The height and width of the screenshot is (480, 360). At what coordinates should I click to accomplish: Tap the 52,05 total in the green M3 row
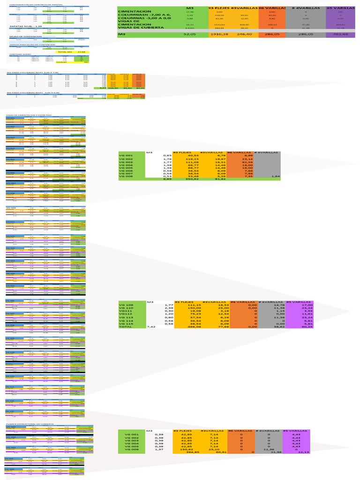(x=189, y=34)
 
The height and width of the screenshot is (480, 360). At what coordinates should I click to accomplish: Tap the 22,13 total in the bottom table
(x=305, y=452)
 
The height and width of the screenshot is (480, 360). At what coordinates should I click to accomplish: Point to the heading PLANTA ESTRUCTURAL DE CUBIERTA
(x=30, y=424)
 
